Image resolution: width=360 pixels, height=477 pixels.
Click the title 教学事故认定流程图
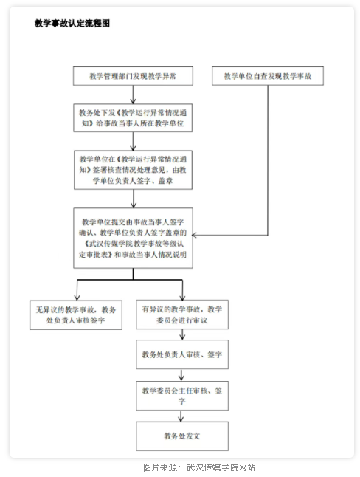pos(72,23)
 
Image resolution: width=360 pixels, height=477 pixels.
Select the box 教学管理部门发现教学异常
pos(133,76)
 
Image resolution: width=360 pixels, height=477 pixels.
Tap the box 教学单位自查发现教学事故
pos(268,76)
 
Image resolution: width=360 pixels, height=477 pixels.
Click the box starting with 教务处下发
pos(133,118)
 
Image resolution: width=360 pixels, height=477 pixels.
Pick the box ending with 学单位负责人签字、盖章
pos(134,170)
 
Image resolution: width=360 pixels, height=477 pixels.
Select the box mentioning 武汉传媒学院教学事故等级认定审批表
pos(134,238)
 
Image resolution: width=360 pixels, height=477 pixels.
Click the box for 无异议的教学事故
pos(76,315)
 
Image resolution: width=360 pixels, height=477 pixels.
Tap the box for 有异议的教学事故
pos(182,315)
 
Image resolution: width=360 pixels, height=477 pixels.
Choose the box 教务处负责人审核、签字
pos(182,354)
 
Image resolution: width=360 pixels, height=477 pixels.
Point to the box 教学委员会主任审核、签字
pos(182,396)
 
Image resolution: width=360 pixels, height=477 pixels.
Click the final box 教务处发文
pos(182,436)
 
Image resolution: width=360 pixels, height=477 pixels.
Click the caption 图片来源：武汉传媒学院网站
pos(199,467)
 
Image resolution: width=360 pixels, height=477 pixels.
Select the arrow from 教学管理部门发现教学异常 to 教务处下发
pos(133,95)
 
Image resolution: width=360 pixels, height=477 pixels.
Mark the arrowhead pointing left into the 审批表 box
pos(194,235)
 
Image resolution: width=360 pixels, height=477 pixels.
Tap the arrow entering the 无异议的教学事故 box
pos(77,290)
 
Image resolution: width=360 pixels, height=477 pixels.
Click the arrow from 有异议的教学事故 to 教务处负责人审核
pos(182,334)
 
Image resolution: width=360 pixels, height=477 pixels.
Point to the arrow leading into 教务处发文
pos(181,416)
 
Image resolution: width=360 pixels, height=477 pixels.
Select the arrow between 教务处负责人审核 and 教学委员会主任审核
pos(181,375)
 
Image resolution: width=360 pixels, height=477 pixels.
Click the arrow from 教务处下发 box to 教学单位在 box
pos(133,141)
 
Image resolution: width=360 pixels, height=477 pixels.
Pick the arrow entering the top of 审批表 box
pos(134,199)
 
